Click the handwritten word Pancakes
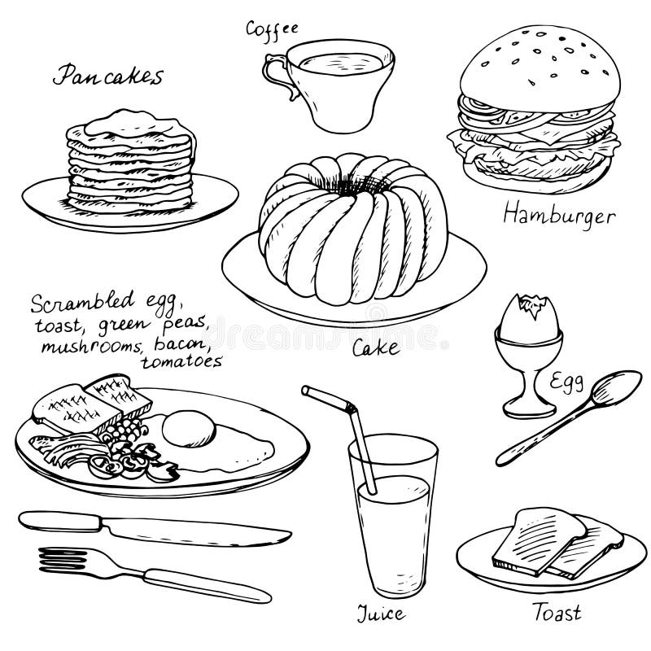click(x=108, y=76)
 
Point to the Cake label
click(x=375, y=348)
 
